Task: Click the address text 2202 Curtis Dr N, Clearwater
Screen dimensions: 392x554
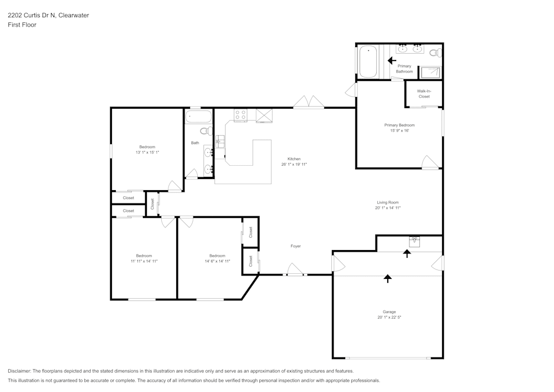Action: coord(48,16)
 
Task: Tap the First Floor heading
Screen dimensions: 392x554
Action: coord(22,25)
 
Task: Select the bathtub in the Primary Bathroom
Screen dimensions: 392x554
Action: coord(368,62)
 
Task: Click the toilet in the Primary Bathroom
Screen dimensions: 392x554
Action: coord(435,53)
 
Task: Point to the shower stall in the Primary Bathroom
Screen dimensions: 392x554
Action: coord(430,72)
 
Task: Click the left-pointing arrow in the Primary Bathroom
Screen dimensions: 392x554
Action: coord(392,60)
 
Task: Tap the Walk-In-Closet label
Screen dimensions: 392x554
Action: coord(424,93)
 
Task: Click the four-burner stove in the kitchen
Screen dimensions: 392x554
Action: coord(241,115)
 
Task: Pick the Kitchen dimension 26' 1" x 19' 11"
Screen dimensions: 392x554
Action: coord(294,164)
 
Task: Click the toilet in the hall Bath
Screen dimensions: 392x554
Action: coord(205,131)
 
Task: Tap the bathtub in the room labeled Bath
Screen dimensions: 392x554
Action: coord(198,117)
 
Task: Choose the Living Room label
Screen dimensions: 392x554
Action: coord(388,202)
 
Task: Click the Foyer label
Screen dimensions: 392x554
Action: coord(296,246)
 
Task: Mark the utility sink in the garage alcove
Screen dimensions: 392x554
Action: coord(414,241)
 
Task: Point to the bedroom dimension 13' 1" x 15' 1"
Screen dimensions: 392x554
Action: coord(147,152)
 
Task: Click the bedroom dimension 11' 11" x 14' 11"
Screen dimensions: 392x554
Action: coord(144,261)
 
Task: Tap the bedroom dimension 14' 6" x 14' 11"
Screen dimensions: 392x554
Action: coord(217,261)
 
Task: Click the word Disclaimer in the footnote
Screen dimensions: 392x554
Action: coord(19,371)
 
